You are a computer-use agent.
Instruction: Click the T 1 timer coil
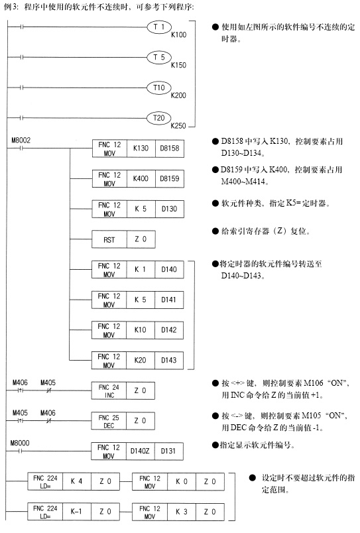click(x=158, y=27)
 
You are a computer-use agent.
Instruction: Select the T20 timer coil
click(x=158, y=118)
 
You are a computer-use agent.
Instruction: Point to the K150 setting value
click(x=178, y=65)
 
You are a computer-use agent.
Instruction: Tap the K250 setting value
click(x=178, y=126)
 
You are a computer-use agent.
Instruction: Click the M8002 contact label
click(x=21, y=140)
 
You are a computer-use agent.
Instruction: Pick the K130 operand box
click(x=141, y=148)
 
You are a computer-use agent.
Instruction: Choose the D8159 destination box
click(x=170, y=179)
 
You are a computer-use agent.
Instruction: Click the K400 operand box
click(x=141, y=179)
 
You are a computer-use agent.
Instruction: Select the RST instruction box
click(x=109, y=239)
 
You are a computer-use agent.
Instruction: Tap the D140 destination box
click(x=169, y=270)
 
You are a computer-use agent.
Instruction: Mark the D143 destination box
click(x=169, y=361)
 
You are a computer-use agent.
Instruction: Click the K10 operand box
click(x=141, y=330)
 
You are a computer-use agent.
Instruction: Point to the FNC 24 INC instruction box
click(x=109, y=390)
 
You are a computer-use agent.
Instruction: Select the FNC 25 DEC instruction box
click(x=109, y=421)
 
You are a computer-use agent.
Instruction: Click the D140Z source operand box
click(x=140, y=451)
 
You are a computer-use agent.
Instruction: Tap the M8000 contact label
click(x=20, y=443)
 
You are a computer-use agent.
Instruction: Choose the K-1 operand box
click(x=76, y=512)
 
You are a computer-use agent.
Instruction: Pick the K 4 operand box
click(x=76, y=481)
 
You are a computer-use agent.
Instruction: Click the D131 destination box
click(x=168, y=451)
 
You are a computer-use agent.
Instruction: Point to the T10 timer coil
click(x=158, y=88)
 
